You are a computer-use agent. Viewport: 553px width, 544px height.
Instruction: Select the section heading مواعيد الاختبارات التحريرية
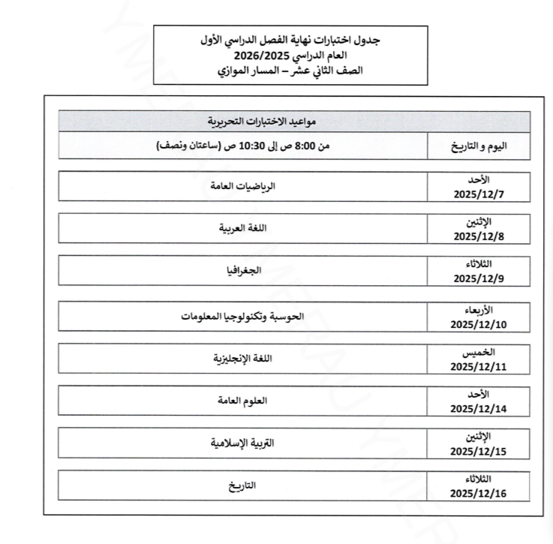295,120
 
